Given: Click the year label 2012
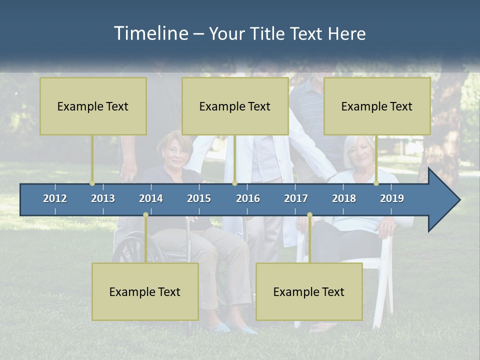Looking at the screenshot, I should coord(55,198).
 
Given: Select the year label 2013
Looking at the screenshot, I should coord(103,198).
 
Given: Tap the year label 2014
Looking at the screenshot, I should coord(151,198).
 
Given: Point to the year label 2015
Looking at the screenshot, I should coord(199,198).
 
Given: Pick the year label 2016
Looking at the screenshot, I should coord(248,198).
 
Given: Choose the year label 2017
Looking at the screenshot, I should coord(296,198).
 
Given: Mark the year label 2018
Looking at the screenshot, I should coord(344,198).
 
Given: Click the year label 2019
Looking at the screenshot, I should coord(392,198).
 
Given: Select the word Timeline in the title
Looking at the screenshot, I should coord(150,33).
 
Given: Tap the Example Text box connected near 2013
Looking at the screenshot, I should coord(93,106).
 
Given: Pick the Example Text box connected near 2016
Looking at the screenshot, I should coord(235,106).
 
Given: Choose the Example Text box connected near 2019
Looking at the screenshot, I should coord(377,106).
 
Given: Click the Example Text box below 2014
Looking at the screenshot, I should coord(145,291).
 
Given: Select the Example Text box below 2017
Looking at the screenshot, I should coord(309,291).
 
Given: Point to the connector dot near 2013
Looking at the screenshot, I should coord(92,183).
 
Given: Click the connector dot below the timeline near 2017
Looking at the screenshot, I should coord(309,215).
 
